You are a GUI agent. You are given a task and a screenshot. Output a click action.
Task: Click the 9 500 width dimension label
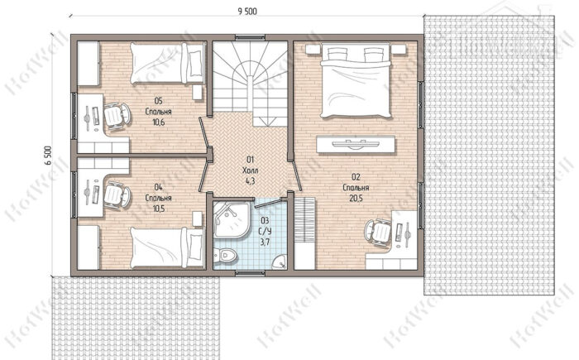(x=247, y=11)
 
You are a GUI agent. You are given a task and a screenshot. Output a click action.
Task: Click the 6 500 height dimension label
(x=49, y=156)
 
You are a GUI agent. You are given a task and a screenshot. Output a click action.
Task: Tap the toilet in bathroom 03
(x=225, y=256)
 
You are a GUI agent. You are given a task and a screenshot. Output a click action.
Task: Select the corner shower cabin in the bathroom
(x=232, y=219)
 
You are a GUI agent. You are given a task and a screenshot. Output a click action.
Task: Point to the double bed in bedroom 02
(x=356, y=80)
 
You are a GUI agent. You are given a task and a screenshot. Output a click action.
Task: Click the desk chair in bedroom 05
(x=117, y=116)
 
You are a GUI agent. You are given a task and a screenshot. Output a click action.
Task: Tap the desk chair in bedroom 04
(x=117, y=194)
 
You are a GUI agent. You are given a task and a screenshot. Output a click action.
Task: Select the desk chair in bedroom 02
(x=378, y=232)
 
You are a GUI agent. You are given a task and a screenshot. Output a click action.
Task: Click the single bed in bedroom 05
(x=168, y=63)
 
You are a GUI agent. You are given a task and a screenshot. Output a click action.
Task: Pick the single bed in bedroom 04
(x=168, y=247)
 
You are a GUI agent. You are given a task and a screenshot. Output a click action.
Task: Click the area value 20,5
(x=356, y=199)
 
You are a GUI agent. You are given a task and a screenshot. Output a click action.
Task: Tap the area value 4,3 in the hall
(x=251, y=181)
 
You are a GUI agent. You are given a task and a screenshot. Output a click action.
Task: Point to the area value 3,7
(x=266, y=242)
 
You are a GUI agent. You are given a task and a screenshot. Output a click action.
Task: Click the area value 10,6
(x=159, y=122)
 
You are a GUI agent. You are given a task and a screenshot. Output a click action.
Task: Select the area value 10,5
(x=159, y=209)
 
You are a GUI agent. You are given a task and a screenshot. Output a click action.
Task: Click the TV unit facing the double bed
(x=356, y=144)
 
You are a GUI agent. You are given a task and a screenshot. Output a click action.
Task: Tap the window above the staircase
(x=251, y=37)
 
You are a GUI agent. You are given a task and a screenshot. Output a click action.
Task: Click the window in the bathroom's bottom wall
(x=251, y=273)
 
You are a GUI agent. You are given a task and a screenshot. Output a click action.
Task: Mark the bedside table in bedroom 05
(x=198, y=93)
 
